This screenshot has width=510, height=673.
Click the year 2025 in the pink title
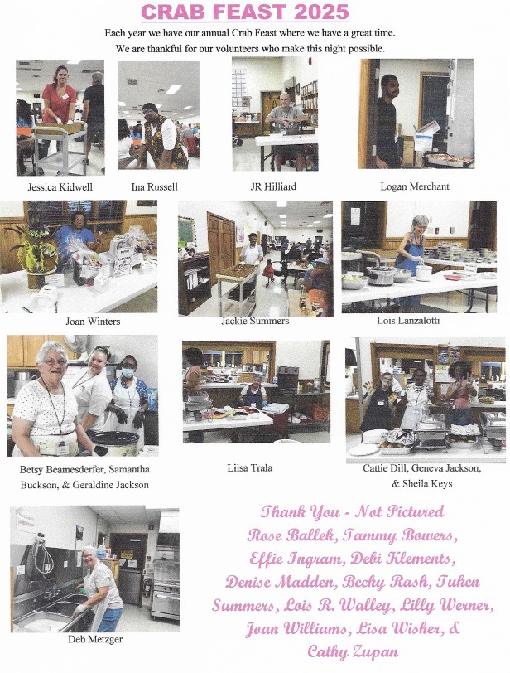[321, 11]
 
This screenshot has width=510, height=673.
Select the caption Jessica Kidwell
[60, 187]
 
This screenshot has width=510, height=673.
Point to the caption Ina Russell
[154, 187]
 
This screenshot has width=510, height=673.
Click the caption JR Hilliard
[273, 186]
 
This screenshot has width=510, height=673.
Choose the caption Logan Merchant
[415, 186]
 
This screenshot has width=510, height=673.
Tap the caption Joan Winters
[93, 322]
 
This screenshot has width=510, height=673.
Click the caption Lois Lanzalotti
[408, 321]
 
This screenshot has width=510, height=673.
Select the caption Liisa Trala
[250, 467]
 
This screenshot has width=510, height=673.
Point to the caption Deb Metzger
[95, 640]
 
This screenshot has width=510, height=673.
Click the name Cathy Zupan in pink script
[353, 652]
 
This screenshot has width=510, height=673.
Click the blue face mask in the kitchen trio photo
[128, 372]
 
